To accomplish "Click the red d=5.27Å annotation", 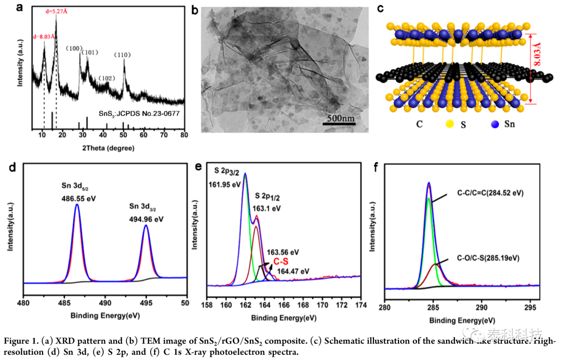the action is click(x=56, y=11).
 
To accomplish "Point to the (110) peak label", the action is click(x=123, y=55).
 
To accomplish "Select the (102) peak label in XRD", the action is click(x=106, y=78).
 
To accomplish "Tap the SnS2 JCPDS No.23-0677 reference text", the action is click(x=139, y=113).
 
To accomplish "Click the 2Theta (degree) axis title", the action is click(x=109, y=148).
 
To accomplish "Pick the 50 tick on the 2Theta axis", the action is click(x=124, y=135).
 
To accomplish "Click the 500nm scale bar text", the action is click(x=341, y=118).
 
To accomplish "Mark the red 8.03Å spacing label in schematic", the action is click(x=537, y=54).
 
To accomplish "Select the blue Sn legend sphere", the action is click(x=495, y=124).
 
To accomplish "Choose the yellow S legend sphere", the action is click(x=450, y=124).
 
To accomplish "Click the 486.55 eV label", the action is click(x=79, y=198).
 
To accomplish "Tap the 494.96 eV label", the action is click(x=146, y=219).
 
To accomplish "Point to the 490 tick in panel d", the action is click(x=105, y=303).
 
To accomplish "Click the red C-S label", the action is click(x=281, y=262).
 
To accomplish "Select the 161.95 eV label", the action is click(x=225, y=185).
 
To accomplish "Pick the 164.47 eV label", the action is click(x=293, y=272).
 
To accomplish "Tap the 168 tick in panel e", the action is click(x=303, y=305).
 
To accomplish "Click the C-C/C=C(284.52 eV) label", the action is click(x=490, y=193).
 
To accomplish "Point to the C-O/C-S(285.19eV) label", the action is click(x=488, y=258).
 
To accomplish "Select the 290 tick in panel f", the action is click(x=482, y=308).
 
